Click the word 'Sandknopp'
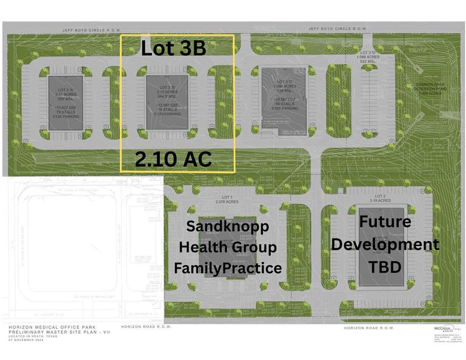[227, 227]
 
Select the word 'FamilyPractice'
[228, 268]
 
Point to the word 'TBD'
[385, 266]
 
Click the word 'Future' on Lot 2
[385, 221]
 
